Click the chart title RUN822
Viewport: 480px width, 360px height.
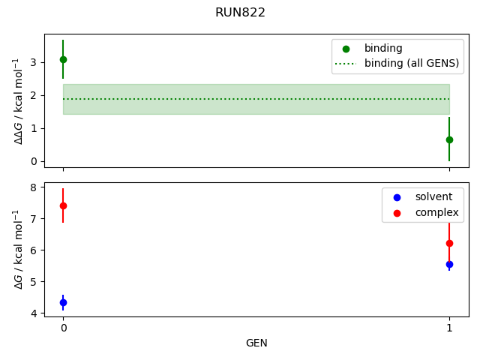click(240, 13)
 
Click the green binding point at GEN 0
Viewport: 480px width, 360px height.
click(63, 59)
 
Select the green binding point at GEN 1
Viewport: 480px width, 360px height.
click(449, 139)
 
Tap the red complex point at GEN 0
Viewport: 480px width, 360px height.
click(63, 205)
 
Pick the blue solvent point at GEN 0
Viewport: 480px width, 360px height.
click(63, 302)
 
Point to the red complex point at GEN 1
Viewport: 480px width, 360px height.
click(449, 243)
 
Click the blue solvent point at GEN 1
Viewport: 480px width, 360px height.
click(449, 264)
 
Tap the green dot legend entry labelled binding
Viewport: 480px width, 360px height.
click(383, 48)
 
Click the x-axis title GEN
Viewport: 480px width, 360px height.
click(256, 343)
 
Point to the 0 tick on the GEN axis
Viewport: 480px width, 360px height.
click(63, 328)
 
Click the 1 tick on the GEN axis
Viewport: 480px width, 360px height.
click(449, 328)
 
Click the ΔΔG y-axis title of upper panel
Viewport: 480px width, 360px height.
click(17, 100)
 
